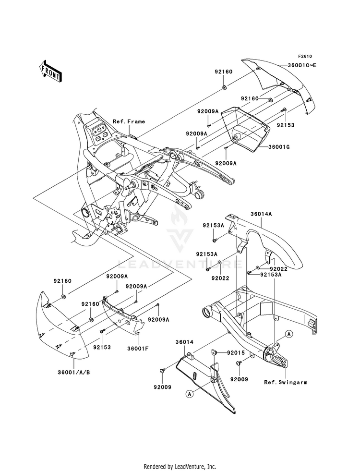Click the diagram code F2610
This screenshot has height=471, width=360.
(304, 56)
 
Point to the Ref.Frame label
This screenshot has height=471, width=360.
(129, 121)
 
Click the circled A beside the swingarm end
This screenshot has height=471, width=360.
(289, 333)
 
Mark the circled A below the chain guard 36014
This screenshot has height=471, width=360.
(190, 394)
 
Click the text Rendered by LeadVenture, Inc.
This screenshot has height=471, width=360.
(180, 466)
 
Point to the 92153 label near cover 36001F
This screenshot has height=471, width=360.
(102, 345)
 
